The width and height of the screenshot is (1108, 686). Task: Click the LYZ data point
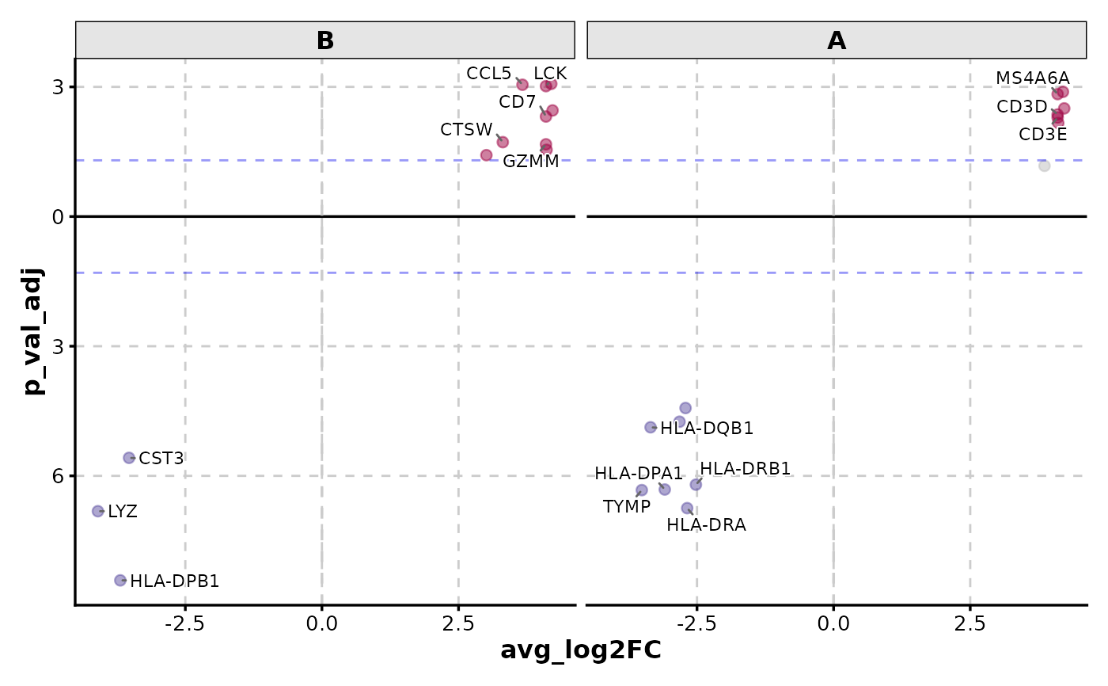pos(98,511)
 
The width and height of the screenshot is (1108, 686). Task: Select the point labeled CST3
pos(130,458)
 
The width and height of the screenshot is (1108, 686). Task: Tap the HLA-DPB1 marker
pos(120,580)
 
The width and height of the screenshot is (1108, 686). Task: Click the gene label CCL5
pos(489,74)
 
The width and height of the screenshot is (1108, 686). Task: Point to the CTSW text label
pos(467,130)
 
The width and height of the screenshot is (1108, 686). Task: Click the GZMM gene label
pos(530,162)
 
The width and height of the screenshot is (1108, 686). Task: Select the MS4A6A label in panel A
pos(1032,78)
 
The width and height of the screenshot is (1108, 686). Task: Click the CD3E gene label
pos(1042,135)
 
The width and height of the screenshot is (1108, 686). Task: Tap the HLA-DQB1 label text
pos(707,429)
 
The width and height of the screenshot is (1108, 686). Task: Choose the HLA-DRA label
pos(706,524)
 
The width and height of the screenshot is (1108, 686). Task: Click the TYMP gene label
pos(626,507)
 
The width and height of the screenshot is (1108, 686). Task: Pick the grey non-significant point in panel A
pos(1044,166)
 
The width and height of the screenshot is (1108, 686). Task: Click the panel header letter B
pos(325,40)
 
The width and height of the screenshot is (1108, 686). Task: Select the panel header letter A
pos(837,40)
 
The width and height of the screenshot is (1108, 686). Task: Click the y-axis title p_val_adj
pos(33,331)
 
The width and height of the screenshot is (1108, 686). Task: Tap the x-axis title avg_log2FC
pos(580,650)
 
